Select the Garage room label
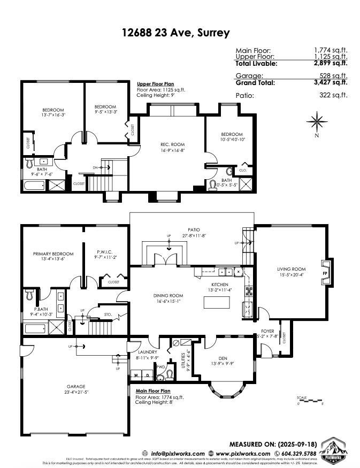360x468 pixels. click(x=75, y=386)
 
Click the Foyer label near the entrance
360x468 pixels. click(x=267, y=331)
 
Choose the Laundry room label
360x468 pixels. click(x=147, y=352)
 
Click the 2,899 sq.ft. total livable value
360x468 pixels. click(x=330, y=63)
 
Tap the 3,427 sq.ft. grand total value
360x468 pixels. click(x=330, y=82)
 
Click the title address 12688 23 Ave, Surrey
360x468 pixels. click(x=176, y=33)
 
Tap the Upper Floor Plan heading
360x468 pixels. click(x=155, y=84)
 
